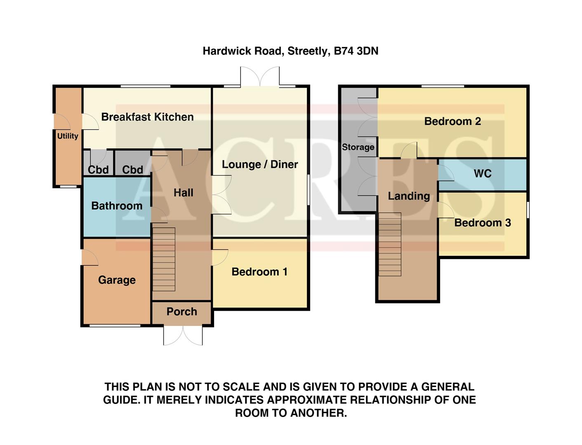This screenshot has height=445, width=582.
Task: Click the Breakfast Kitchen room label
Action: coord(147,117)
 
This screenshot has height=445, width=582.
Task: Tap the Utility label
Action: coord(68,136)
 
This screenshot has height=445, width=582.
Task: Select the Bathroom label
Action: coord(117,206)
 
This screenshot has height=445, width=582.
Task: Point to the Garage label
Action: coord(117,280)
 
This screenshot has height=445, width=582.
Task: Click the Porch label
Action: coord(181,311)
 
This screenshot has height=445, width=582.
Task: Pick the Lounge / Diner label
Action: coord(260,164)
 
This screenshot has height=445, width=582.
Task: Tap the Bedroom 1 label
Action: coord(259,272)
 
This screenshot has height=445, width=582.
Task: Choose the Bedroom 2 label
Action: coord(452,121)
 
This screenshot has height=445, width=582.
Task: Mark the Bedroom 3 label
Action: coord(483,223)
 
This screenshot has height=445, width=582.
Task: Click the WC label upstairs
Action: coord(483,173)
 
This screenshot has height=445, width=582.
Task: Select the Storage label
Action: coord(358,147)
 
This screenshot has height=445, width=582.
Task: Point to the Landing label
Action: coord(409,196)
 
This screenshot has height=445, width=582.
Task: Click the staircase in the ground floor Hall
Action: coord(164,259)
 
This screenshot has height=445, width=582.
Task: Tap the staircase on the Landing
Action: coord(390,244)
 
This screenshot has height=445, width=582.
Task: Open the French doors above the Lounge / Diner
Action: coord(260,77)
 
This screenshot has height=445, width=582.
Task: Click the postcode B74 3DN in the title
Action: coord(356,51)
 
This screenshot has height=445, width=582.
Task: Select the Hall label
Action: coord(183,192)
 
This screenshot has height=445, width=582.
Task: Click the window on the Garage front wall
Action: coord(115,326)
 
